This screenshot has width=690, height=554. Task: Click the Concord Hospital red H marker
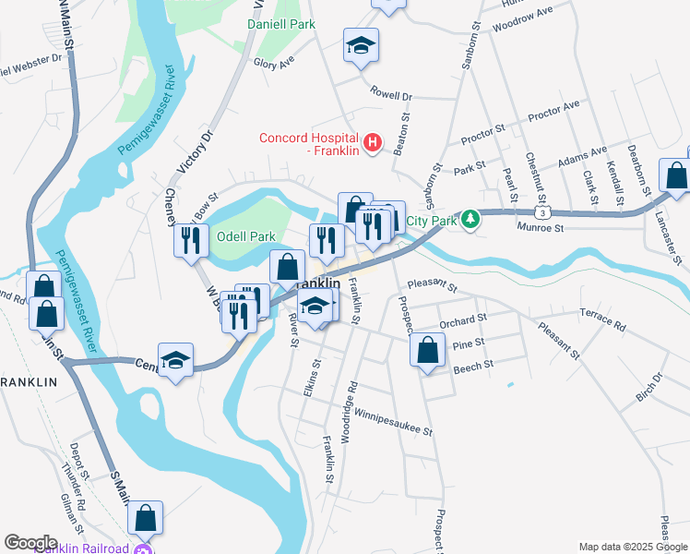(372, 142)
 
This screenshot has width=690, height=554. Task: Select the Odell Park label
(245, 236)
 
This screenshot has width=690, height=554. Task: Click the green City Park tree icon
(470, 219)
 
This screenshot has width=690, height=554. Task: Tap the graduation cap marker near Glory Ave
(362, 45)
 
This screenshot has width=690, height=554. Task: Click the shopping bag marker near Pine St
(426, 351)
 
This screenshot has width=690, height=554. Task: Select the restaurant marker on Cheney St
(190, 241)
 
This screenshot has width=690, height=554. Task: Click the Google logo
(30, 542)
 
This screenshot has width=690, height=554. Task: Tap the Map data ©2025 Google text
(632, 547)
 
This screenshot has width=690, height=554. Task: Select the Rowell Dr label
(391, 94)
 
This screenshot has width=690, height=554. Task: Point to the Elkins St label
(315, 378)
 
